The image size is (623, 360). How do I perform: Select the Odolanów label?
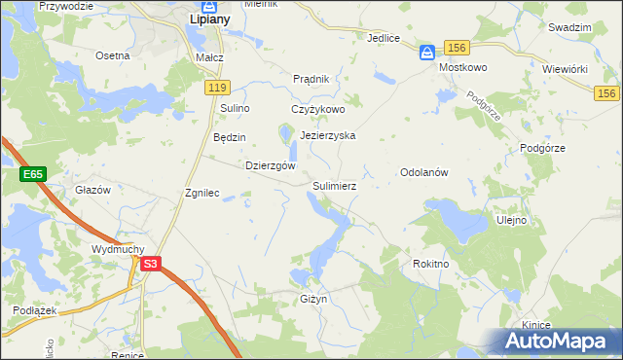422,172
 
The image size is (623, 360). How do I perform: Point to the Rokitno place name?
430,263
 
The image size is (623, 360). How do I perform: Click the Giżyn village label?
312,299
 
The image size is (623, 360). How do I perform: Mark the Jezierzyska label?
328,136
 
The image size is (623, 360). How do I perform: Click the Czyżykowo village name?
318,110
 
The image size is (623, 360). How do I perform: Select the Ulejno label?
511,220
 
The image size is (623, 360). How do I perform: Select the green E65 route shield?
33,174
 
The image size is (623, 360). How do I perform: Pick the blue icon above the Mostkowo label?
427,53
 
